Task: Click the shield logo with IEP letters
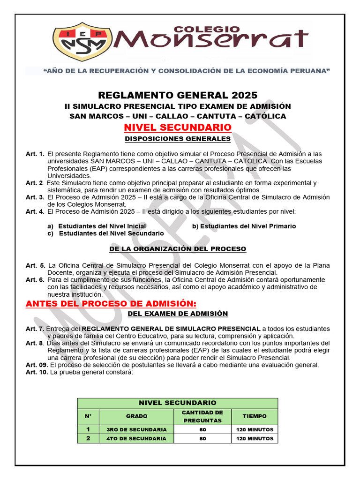(x=82, y=42)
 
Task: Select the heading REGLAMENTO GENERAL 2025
(x=178, y=95)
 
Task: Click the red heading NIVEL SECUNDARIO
(x=177, y=127)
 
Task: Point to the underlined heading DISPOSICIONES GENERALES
(x=178, y=139)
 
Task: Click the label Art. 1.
(x=35, y=154)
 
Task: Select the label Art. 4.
(x=35, y=211)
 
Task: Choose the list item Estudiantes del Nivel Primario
(x=244, y=226)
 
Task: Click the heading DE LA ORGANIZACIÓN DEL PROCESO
(x=177, y=249)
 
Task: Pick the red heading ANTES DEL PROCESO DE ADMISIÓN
(x=104, y=304)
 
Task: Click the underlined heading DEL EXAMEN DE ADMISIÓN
(x=178, y=314)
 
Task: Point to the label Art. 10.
(x=37, y=372)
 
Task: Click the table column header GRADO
(x=136, y=416)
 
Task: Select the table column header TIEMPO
(x=255, y=416)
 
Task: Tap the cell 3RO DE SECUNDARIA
(x=136, y=429)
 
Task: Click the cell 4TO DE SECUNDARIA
(x=136, y=439)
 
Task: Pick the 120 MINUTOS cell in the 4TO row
(x=255, y=439)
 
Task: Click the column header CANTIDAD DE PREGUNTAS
(x=202, y=416)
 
